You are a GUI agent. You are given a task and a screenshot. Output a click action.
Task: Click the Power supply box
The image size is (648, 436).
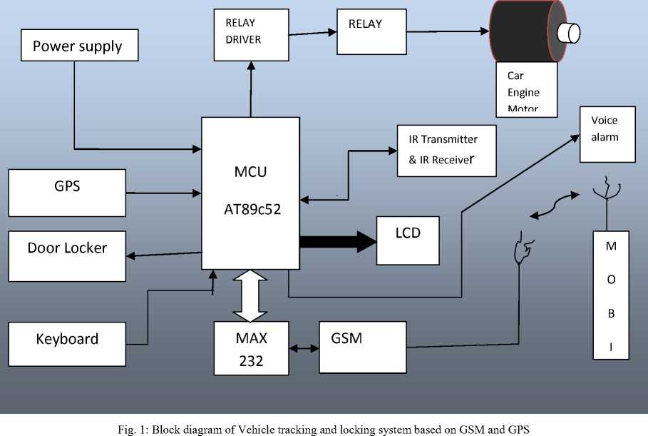(x=78, y=46)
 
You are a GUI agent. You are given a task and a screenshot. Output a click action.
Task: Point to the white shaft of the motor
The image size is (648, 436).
(x=570, y=32)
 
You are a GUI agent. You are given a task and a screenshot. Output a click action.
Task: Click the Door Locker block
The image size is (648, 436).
(x=67, y=255)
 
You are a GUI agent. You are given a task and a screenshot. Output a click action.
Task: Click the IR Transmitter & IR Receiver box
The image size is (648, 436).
(x=446, y=151)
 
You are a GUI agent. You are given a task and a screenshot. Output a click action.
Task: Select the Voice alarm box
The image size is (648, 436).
(x=607, y=133)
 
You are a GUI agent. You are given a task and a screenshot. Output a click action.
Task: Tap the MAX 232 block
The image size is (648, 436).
(x=251, y=348)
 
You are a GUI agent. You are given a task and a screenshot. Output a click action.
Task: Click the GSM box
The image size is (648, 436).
(x=362, y=347)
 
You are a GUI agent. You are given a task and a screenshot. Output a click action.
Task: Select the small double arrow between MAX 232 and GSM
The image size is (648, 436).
(x=304, y=349)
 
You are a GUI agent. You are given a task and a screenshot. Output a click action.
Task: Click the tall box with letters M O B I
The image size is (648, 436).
(x=611, y=295)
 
